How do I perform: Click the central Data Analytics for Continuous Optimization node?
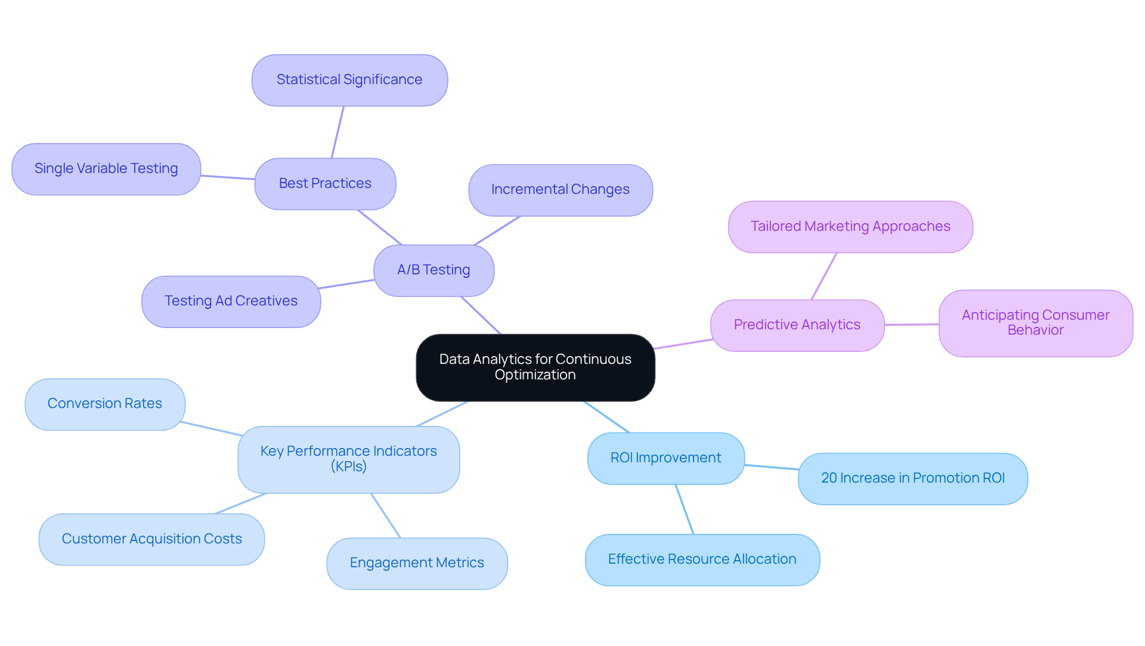pos(535,367)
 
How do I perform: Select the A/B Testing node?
pos(434,270)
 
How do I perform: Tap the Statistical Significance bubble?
pos(349,80)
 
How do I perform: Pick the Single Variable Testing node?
pos(106,169)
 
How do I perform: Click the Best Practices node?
pos(325,184)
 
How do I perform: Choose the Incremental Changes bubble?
pos(560,190)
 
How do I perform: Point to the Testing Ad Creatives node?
pos(231,301)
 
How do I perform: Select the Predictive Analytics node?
pos(797,325)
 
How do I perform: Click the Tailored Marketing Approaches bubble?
pos(850,227)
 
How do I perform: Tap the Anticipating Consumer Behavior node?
pos(1035,323)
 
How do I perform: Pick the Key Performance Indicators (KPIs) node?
pos(348,459)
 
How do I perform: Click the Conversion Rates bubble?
pos(105,404)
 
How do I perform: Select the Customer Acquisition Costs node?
pos(151,539)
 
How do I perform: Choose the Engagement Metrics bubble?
pos(417,563)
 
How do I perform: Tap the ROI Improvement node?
pos(666,458)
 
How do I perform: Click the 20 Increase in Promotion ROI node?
pos(912,478)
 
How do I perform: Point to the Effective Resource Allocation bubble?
pos(702,560)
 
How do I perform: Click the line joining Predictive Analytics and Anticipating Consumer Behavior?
pos(911,324)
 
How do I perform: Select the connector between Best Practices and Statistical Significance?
pos(338,132)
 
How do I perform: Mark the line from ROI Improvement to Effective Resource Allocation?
pos(685,509)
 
